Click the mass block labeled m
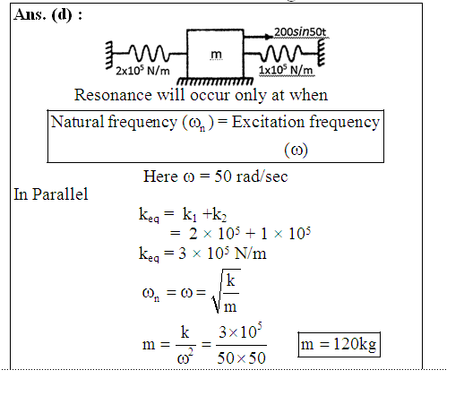coord(215,53)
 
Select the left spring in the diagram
coord(150,54)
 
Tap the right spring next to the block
coord(281,53)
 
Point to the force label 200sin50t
coord(300,32)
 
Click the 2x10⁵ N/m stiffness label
coord(142,71)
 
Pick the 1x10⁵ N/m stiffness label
coord(286,70)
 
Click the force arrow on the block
coord(258,37)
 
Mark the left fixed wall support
coord(109,56)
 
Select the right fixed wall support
coord(322,53)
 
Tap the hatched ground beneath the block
coord(215,81)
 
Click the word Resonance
coord(113,95)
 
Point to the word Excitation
coord(268,122)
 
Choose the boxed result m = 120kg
coord(339,344)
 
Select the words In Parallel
coord(51,194)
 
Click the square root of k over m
coord(226,291)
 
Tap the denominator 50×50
coord(241,357)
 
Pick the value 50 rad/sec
coord(251,176)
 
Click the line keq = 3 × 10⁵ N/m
coord(202,254)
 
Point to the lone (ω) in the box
coord(296,150)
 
